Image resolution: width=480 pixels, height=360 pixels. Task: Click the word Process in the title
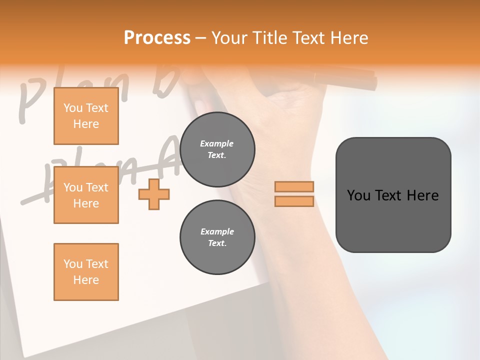click(157, 38)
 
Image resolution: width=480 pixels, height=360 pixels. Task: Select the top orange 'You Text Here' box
click(86, 116)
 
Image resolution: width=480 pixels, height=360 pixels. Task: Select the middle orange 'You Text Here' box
click(86, 195)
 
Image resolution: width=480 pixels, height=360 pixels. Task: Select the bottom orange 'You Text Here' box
click(86, 272)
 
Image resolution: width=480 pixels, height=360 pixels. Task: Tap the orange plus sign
click(154, 194)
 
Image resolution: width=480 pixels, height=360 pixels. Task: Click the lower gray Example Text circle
click(217, 237)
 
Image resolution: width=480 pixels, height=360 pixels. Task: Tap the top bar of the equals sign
click(294, 187)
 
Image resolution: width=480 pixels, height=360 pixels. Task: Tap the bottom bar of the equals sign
click(294, 201)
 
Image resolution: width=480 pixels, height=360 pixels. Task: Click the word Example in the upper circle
click(217, 143)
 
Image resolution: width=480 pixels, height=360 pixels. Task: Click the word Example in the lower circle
click(217, 231)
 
